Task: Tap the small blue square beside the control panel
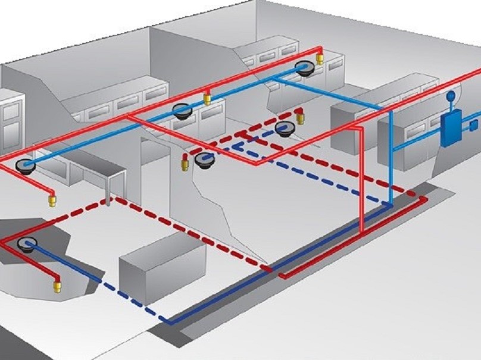click(474, 126)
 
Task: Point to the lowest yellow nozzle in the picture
click(58, 287)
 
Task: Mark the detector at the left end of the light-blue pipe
click(27, 165)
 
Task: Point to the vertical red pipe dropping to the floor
click(362, 179)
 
